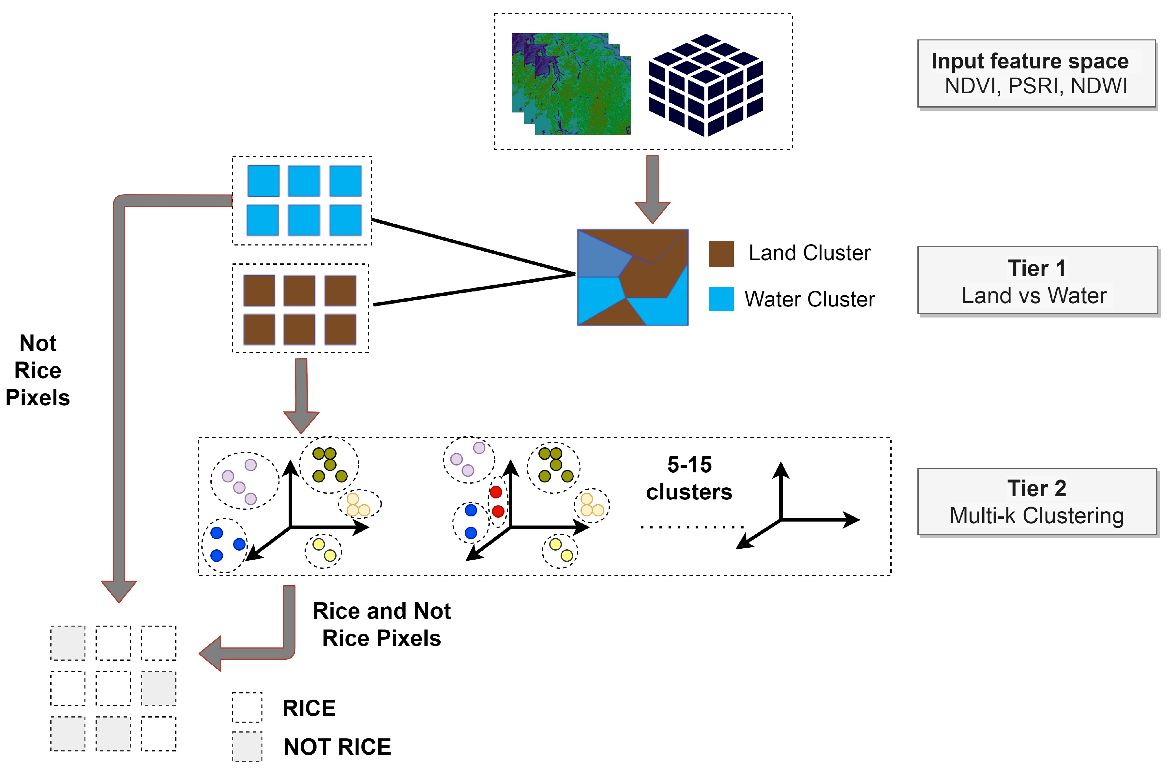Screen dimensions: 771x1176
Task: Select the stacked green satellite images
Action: [572, 84]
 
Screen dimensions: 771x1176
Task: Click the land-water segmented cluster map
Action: [632, 277]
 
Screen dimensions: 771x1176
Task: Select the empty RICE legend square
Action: [247, 707]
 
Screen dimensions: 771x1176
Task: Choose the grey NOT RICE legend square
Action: [247, 746]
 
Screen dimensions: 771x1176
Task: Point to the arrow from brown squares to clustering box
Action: [301, 395]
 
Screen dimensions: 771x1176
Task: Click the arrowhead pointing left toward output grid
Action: [211, 653]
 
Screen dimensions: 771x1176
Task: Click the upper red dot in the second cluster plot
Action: [496, 492]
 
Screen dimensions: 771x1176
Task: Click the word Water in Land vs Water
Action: [1077, 295]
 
